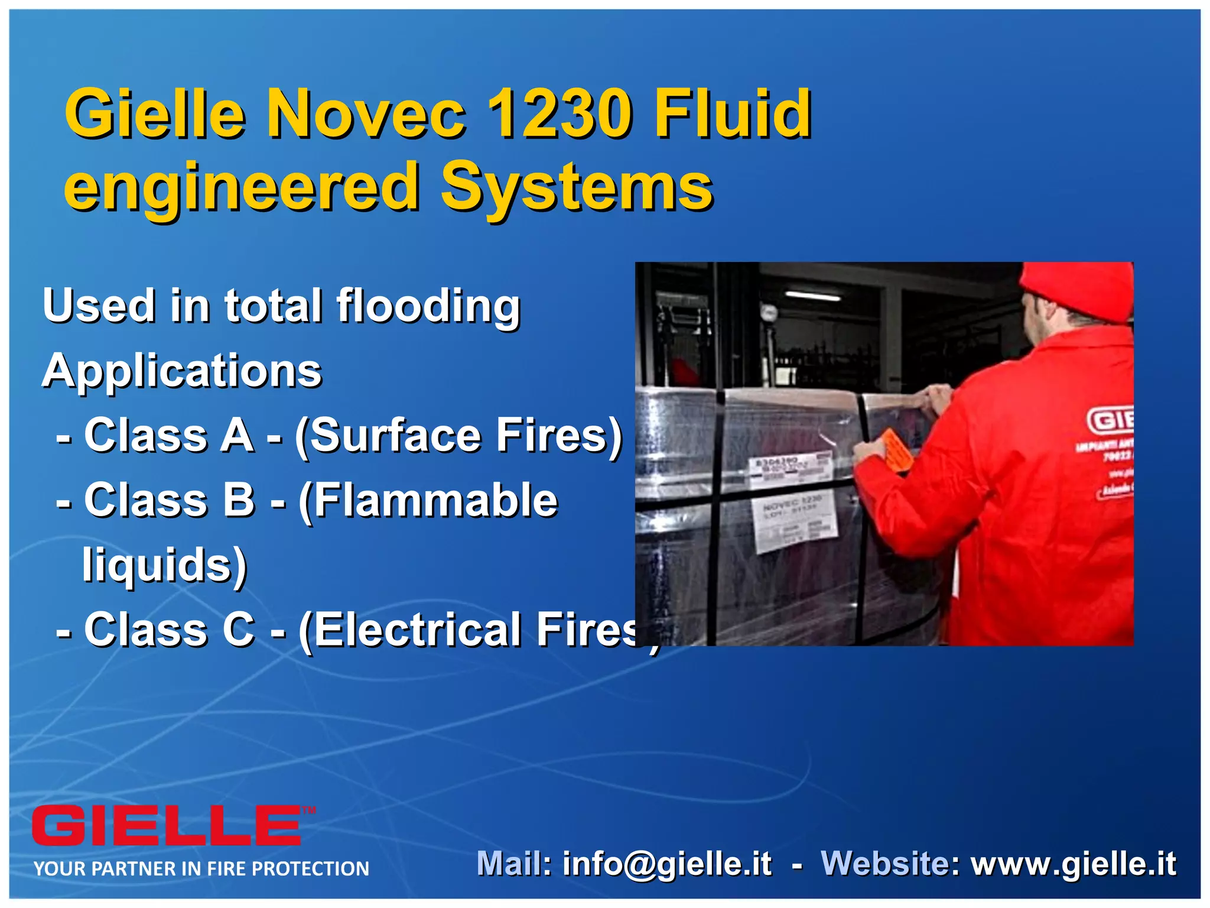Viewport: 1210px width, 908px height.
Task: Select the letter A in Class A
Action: click(236, 436)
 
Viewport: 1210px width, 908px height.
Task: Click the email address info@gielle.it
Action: click(666, 864)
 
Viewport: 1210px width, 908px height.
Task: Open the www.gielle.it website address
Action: click(1074, 864)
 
